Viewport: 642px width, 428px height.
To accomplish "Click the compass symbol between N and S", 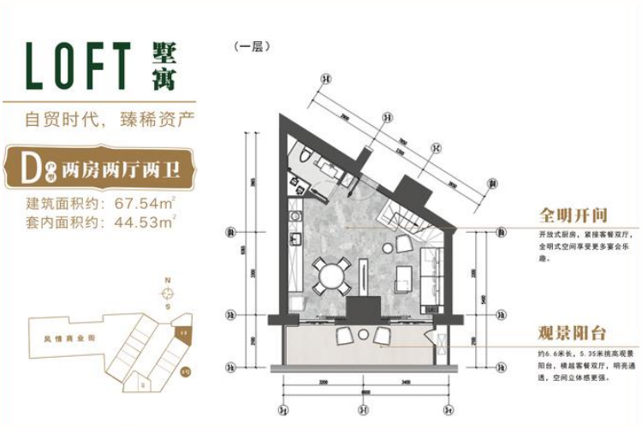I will pos(168,294).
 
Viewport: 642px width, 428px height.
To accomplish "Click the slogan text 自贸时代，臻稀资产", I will pos(99,119).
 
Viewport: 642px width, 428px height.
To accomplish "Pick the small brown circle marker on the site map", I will pos(185,372).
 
